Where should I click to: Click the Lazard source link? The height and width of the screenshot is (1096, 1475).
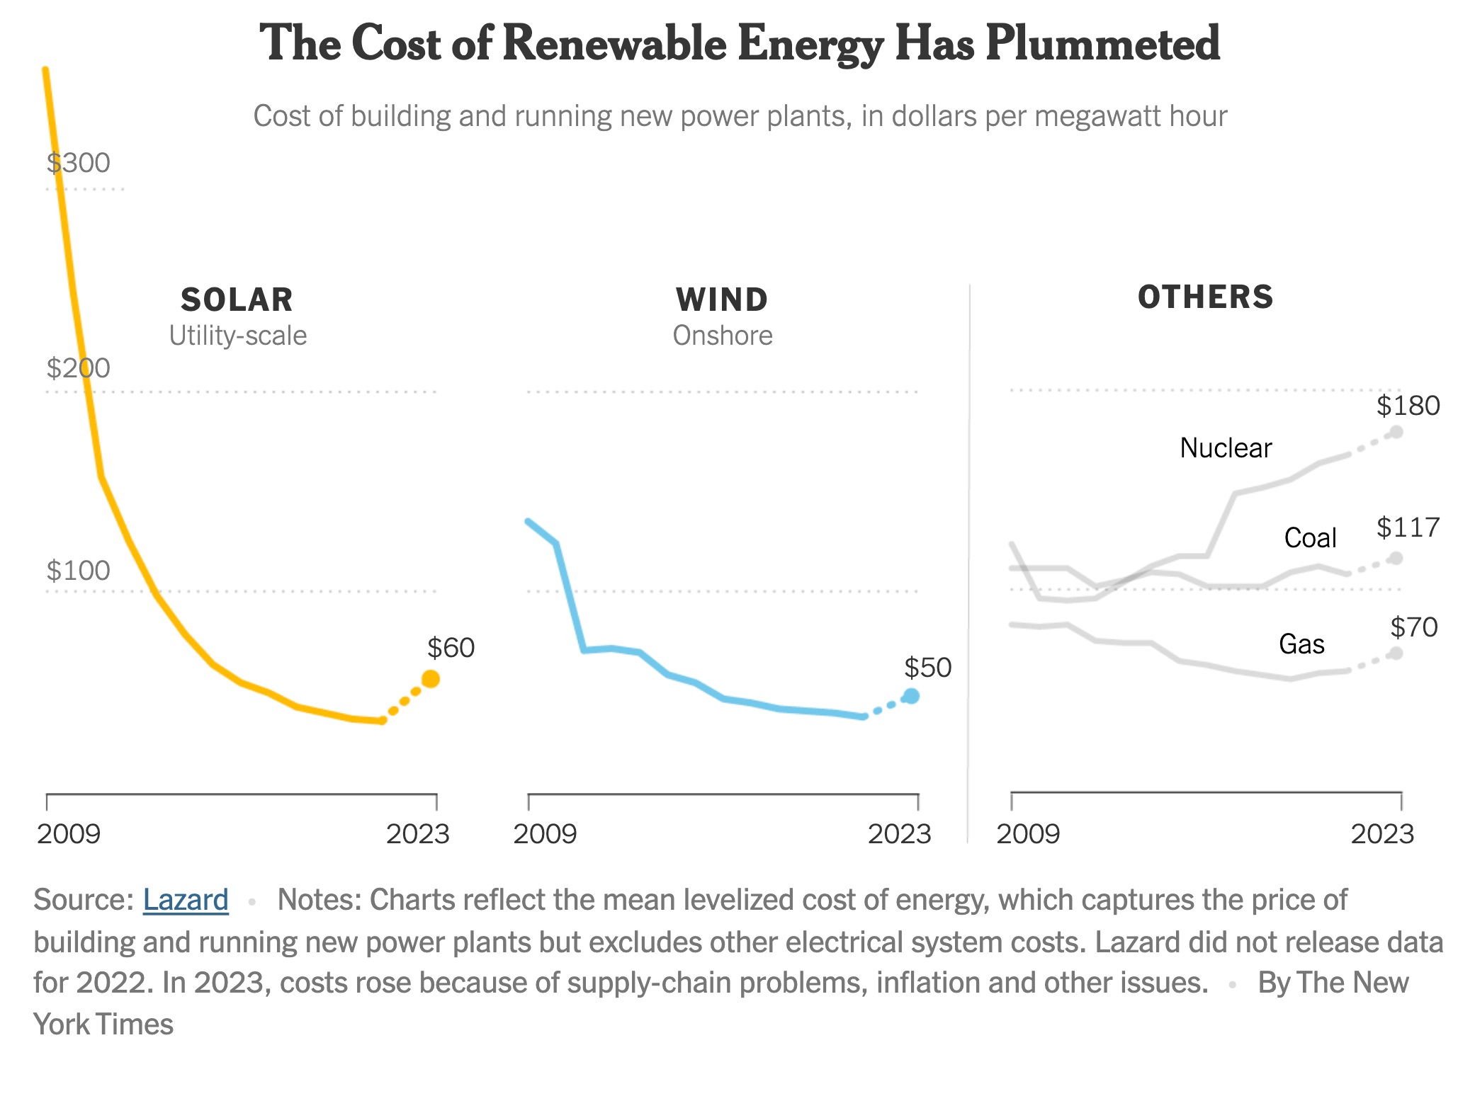(186, 900)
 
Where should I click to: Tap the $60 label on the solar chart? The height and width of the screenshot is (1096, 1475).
(451, 648)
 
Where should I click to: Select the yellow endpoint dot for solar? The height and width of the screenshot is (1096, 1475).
(431, 679)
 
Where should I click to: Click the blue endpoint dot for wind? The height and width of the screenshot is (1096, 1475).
(912, 696)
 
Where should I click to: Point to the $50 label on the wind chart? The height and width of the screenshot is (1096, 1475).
(927, 668)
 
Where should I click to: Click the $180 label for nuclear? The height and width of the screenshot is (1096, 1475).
(1408, 406)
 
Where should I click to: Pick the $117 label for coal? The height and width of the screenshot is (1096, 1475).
(1408, 527)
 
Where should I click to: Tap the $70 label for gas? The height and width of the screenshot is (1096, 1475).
(1413, 627)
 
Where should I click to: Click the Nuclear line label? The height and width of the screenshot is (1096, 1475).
(1226, 448)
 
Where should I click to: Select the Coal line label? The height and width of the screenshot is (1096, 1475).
(1310, 538)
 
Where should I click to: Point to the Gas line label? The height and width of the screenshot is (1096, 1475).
(1301, 644)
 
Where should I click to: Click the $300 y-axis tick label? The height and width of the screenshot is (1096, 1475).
(79, 163)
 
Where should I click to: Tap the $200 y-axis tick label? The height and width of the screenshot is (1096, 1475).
(79, 368)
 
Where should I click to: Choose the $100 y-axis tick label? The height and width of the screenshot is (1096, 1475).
(79, 571)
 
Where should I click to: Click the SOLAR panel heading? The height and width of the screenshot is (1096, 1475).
(237, 300)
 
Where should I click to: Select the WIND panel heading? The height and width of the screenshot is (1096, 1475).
(722, 300)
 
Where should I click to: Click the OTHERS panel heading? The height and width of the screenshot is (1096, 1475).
(1205, 297)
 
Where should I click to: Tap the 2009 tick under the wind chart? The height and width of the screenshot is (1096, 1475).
(545, 834)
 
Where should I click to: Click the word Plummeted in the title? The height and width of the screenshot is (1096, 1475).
(1102, 44)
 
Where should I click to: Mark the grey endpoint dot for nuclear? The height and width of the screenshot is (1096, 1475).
(1396, 432)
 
